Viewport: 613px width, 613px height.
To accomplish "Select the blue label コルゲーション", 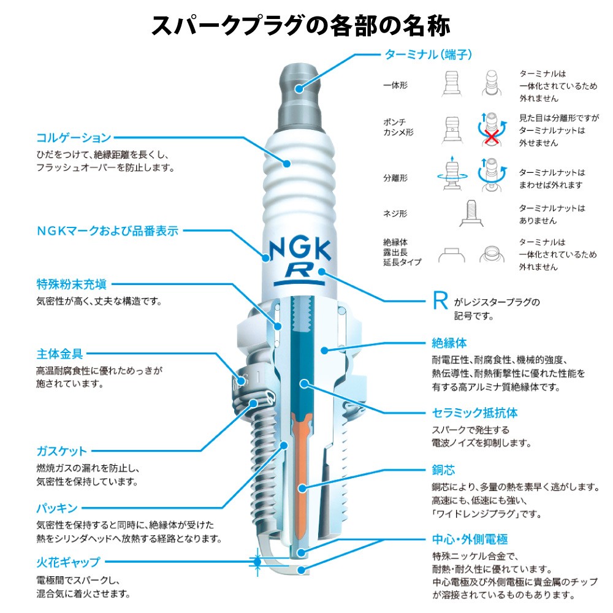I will pyautogui.click(x=74, y=137).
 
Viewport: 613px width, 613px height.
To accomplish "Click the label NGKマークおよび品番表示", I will pyautogui.click(x=107, y=231).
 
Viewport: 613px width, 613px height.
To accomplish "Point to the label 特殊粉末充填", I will pyautogui.click(x=71, y=284).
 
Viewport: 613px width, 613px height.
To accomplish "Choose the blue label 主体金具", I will pyautogui.click(x=59, y=354).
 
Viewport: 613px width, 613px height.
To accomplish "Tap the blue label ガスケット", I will pyautogui.click(x=62, y=451).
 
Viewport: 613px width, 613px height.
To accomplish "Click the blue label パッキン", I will pyautogui.click(x=56, y=508).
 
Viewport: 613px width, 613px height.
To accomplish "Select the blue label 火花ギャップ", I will pyautogui.click(x=68, y=561).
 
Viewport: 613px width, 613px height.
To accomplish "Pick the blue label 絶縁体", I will pyautogui.click(x=449, y=343).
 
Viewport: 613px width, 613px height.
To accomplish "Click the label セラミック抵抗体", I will pyautogui.click(x=474, y=413).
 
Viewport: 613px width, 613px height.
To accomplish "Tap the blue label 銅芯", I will pyautogui.click(x=443, y=470).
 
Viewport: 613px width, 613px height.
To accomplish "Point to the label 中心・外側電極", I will pyautogui.click(x=470, y=540).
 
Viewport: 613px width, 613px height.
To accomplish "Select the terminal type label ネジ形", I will pyautogui.click(x=395, y=214).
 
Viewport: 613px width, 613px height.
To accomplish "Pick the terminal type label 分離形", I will pyautogui.click(x=395, y=178).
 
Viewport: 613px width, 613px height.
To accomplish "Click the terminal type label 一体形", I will pyautogui.click(x=395, y=85).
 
